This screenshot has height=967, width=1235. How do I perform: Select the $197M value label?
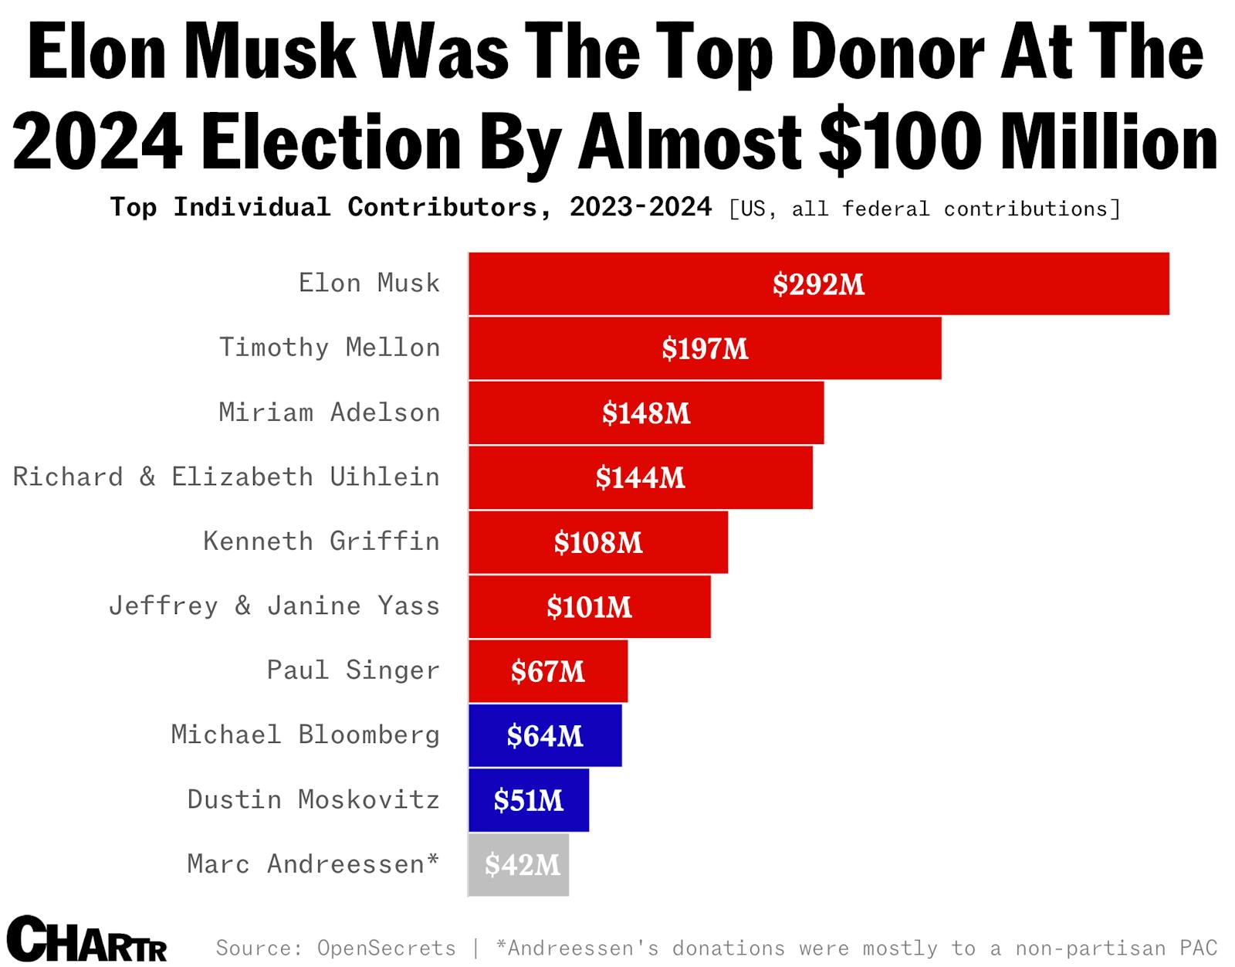705,349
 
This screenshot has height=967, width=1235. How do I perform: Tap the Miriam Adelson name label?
330,412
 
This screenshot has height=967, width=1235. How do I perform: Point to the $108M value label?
598,543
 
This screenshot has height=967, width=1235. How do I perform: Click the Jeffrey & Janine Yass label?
274,606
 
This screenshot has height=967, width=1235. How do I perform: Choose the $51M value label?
529,800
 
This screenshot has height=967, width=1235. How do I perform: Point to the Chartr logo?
87,939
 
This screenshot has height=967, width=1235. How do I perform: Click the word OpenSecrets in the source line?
386,948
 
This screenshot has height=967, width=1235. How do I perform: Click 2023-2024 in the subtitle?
641,207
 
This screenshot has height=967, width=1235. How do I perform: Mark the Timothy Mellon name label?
330,348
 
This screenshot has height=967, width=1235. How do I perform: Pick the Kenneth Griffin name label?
321,541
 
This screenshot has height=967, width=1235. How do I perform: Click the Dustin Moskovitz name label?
313,799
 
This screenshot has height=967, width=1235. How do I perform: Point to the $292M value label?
818,284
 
